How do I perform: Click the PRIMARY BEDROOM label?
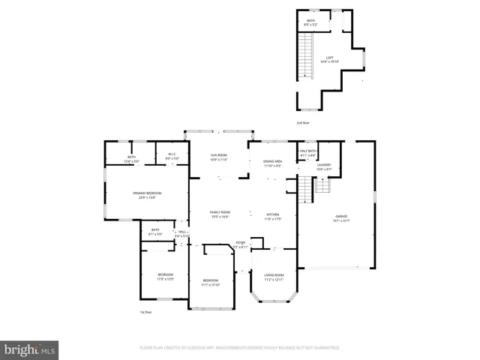click(x=147, y=193)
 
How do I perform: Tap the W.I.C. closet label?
click(x=172, y=156)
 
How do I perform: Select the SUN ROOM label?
click(x=218, y=155)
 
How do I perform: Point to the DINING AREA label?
click(x=272, y=162)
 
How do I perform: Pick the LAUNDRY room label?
click(x=324, y=166)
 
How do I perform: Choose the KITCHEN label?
click(x=274, y=215)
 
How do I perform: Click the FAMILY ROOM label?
click(x=220, y=213)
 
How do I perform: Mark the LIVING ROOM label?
click(x=274, y=276)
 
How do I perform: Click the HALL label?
click(x=181, y=233)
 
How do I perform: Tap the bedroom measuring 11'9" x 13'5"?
click(x=166, y=276)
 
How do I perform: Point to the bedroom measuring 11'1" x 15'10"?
click(x=210, y=282)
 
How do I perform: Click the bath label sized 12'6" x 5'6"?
click(x=131, y=157)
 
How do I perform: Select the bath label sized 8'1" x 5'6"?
click(x=155, y=231)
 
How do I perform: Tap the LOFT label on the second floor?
click(x=328, y=59)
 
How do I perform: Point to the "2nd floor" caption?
click(x=303, y=121)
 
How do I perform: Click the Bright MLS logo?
click(x=30, y=349)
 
